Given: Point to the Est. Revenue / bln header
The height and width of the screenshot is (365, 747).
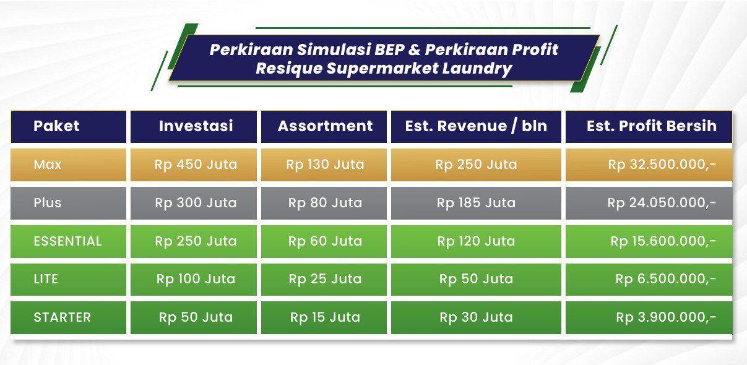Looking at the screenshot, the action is coord(476,126).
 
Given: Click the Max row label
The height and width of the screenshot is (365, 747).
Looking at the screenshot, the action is coord(48,165).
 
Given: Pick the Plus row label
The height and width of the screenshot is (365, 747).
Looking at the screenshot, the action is coord(48,203).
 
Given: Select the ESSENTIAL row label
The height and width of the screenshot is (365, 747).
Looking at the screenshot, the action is coord(67,241).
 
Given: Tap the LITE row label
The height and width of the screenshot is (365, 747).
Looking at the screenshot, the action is coord(46,279).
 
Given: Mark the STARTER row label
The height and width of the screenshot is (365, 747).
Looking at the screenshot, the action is coord(62,317).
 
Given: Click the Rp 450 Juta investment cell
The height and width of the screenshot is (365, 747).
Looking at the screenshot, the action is coord(196,165).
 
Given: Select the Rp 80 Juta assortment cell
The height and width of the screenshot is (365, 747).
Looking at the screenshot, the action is coord(325,203).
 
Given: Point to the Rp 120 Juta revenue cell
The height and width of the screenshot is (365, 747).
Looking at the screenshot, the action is coord(476,241).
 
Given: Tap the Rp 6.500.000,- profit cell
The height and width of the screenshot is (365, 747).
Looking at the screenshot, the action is coord(666,279).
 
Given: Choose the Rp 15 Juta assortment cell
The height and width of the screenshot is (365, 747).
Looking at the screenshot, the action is coord(325,317).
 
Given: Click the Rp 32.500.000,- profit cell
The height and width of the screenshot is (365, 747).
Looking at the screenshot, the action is coord(662,165).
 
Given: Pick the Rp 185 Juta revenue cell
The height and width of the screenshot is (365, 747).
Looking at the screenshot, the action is coord(476,203).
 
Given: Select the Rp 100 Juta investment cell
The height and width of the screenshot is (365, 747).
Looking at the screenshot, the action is coord(196,279).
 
